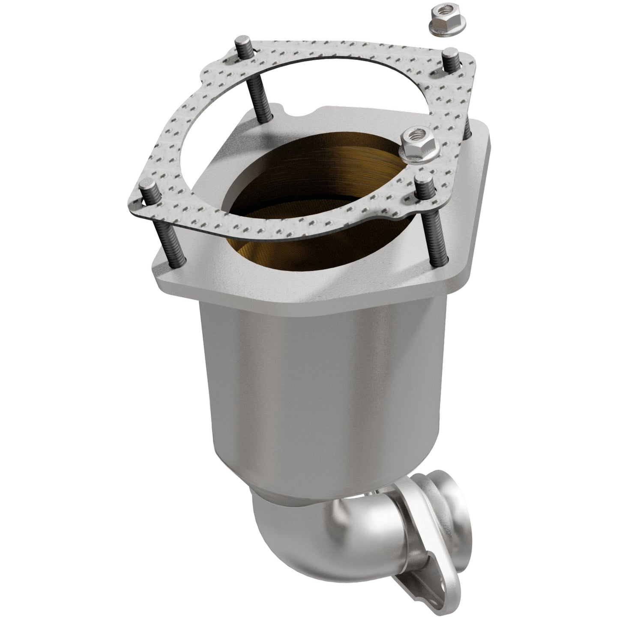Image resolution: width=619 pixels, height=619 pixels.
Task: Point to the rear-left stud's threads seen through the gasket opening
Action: [x=255, y=99]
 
